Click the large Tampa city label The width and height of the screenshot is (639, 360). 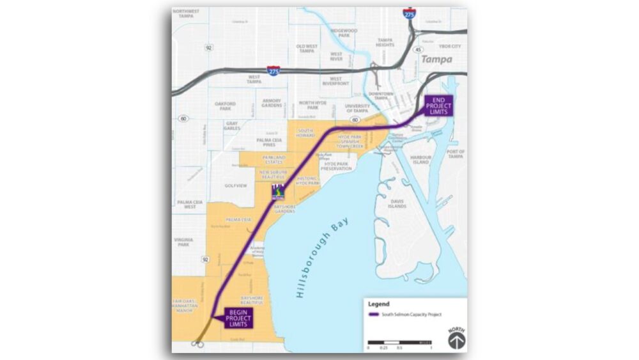pos(436,59)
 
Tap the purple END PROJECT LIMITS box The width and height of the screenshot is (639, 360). pos(438,105)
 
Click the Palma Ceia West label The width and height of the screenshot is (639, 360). pos(186,205)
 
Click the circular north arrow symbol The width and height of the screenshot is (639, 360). pos(455,338)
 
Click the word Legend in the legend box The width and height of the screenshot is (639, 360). pos(379,304)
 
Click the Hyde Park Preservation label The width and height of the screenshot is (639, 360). pos(337,166)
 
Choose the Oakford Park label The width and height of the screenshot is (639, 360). pos(225,106)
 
